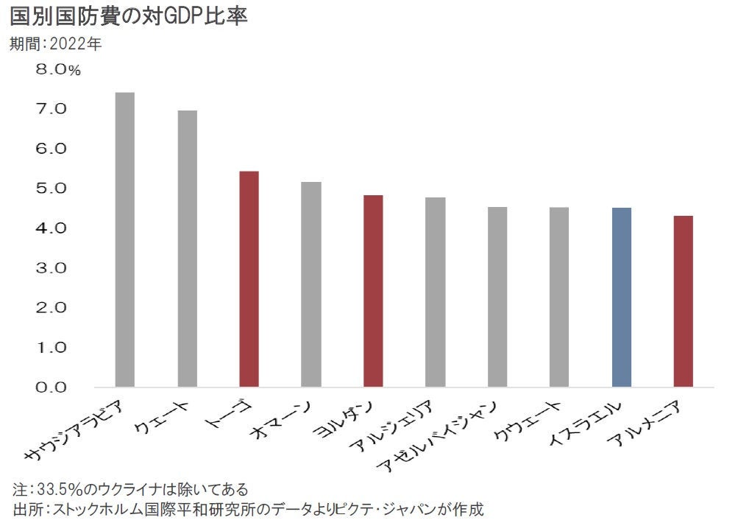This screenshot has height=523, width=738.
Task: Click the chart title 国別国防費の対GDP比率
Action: (128, 16)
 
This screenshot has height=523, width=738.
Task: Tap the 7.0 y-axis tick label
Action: (51, 109)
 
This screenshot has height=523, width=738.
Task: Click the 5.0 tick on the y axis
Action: (51, 189)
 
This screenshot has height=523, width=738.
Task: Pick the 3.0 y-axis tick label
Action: (51, 268)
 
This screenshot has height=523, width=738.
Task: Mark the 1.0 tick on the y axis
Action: (51, 347)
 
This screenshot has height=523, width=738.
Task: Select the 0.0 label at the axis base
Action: (51, 387)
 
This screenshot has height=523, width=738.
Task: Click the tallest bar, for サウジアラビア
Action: (125, 239)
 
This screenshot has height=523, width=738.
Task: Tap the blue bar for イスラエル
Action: (622, 298)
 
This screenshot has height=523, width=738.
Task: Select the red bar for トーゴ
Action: (249, 279)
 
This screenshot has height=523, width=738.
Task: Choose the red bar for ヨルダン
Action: (374, 291)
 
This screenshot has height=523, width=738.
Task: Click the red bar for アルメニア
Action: (684, 301)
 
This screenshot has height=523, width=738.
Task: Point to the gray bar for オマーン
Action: (311, 284)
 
